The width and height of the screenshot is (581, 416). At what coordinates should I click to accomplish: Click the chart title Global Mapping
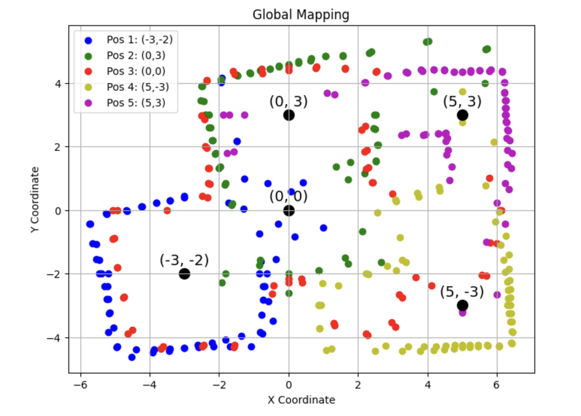[301, 15]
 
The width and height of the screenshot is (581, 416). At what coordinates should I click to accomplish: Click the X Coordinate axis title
[301, 400]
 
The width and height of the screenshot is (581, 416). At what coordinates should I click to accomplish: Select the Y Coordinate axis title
[35, 199]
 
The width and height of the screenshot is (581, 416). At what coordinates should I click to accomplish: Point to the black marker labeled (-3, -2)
[184, 274]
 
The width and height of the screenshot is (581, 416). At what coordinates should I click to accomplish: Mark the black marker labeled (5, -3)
[462, 305]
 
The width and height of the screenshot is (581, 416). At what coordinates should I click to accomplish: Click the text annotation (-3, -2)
[184, 260]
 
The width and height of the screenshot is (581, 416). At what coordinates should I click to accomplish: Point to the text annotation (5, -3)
[462, 292]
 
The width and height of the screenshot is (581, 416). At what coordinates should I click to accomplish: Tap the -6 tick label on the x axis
[80, 385]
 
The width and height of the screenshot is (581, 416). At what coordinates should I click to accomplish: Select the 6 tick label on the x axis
[497, 385]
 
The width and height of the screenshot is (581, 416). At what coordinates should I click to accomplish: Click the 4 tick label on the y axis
[57, 84]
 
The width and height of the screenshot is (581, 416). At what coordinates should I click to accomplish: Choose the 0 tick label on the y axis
[57, 211]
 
